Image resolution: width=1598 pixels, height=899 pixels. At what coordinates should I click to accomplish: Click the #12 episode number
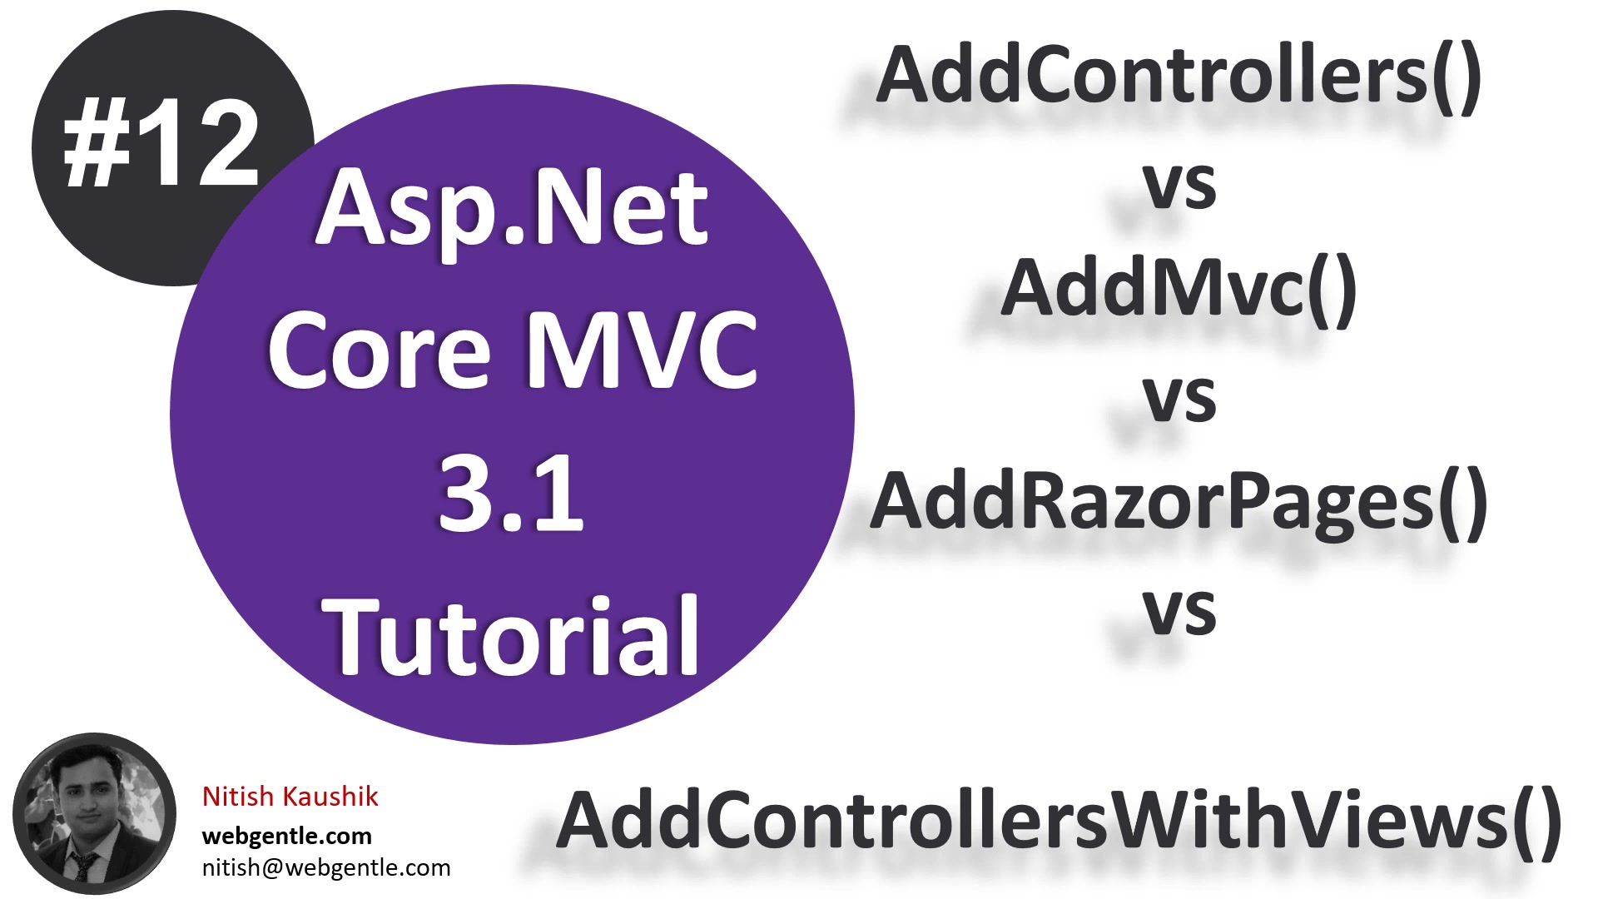point(161,143)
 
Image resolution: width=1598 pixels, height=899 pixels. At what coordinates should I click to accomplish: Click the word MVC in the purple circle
point(642,350)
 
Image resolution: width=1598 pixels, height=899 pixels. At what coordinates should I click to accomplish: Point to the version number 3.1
point(510,494)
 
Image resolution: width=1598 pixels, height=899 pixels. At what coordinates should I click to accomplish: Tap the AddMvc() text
point(1179,289)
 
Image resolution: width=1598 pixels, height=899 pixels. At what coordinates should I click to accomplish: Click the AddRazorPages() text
point(1179,502)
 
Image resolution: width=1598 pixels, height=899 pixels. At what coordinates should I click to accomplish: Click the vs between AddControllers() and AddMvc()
point(1179,185)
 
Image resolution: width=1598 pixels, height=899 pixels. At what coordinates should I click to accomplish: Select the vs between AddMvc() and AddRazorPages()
point(1179,398)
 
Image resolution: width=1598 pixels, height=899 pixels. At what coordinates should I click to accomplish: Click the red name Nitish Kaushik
point(290,797)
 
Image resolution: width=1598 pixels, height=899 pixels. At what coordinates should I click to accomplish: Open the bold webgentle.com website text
point(287,836)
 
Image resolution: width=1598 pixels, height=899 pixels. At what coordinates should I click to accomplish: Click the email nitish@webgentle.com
point(326,867)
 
